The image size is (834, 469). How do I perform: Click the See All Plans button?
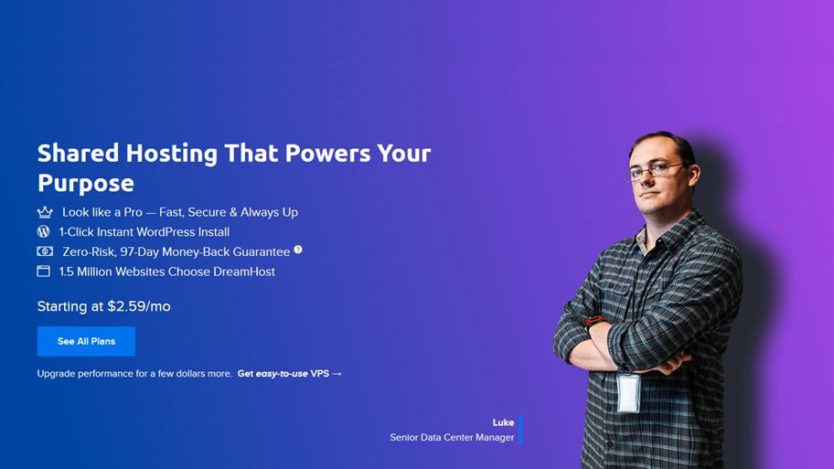coord(86,341)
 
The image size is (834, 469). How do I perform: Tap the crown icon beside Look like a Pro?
coord(45,212)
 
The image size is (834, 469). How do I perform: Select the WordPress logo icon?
coord(44,231)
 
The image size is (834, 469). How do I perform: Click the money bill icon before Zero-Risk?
coord(45,251)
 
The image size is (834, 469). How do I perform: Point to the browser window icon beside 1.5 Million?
coord(44,272)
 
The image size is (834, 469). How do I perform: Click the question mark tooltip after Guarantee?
coord(298,250)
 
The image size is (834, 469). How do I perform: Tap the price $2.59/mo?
coord(139,306)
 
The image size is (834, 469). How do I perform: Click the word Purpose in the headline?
coord(86,184)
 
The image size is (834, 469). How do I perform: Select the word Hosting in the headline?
coord(171,154)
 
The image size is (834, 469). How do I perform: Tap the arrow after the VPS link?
coord(337,374)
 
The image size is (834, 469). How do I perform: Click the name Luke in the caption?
coord(503,422)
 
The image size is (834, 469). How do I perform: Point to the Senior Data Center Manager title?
coord(452,438)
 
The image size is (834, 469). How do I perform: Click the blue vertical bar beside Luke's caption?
coord(520,430)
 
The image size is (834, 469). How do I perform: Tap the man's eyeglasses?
coord(655,171)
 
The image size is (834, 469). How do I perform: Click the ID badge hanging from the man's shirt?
coord(628,393)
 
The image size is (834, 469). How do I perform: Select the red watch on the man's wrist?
coord(594,321)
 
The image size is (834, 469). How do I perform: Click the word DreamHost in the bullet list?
coord(244,272)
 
